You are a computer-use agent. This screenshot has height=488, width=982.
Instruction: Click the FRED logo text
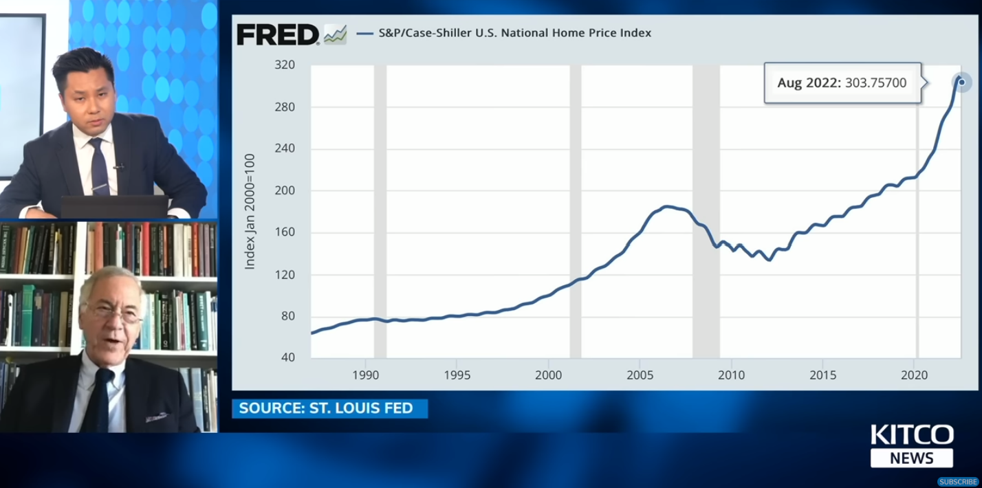click(278, 34)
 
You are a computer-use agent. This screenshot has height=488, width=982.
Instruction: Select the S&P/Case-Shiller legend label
click(514, 32)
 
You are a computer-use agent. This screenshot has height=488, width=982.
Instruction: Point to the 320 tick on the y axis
click(285, 65)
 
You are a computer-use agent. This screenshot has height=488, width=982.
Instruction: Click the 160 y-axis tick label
click(285, 232)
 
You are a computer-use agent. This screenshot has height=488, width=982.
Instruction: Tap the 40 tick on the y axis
click(287, 357)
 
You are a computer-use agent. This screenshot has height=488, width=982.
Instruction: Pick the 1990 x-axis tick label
click(365, 375)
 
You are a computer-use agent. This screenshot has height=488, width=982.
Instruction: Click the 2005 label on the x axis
click(640, 375)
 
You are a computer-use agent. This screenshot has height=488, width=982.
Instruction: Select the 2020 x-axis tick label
click(915, 375)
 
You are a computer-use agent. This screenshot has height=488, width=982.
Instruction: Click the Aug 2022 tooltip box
click(842, 83)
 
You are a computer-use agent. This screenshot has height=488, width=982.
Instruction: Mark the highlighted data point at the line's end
click(961, 82)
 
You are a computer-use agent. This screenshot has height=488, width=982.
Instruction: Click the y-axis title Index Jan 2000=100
click(250, 212)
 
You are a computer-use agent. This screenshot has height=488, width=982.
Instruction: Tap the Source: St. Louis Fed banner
click(329, 408)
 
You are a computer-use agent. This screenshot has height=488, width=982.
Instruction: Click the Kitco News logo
click(912, 445)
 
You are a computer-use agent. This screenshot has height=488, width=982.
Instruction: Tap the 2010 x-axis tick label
click(731, 375)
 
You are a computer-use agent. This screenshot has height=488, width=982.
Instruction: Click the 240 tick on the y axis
click(285, 148)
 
